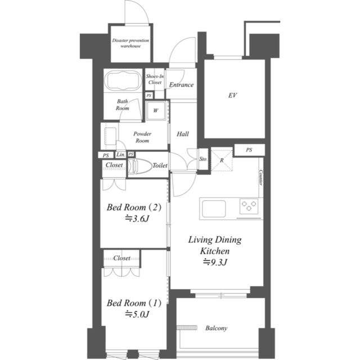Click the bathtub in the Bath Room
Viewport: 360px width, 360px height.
pos(123,80)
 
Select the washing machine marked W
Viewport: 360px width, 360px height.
pos(156,110)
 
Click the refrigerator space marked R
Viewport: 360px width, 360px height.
pos(222,160)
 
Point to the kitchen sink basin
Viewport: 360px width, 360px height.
pos(214,209)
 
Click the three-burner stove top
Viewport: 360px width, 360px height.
pos(249,206)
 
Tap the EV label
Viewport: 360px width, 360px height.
pos(232,95)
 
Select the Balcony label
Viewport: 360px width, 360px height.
pos(216,328)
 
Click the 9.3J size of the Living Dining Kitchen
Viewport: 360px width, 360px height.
pos(215,262)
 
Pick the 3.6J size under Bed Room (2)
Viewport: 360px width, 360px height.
pos(137,218)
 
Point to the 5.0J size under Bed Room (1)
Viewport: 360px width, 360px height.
pos(137,314)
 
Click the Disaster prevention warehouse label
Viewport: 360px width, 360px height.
pos(130,43)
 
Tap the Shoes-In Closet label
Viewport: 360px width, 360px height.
pos(155,79)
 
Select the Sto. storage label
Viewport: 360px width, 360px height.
pos(203,159)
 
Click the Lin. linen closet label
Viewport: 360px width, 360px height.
pos(121,155)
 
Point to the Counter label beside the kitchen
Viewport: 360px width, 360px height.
pos(261,178)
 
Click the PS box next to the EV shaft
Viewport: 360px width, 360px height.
pos(249,150)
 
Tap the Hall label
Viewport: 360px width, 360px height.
pos(183,134)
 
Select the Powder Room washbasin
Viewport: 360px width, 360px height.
pos(110,136)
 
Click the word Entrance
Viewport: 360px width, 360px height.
pos(181,85)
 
